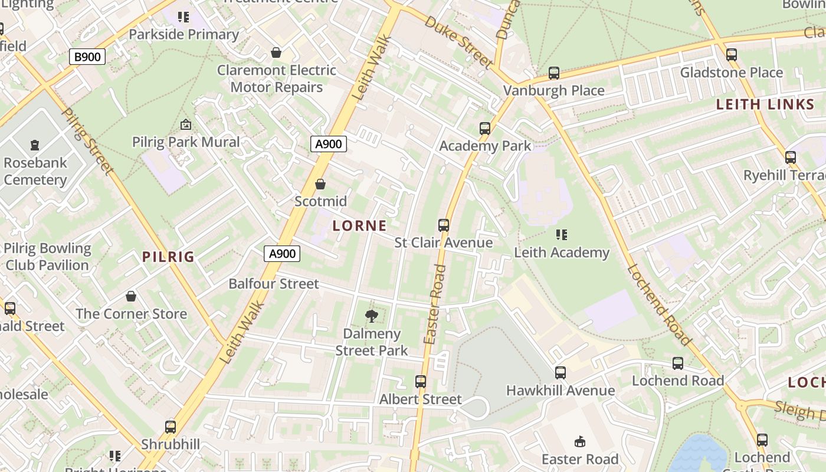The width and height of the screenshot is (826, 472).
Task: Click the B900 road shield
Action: (x=87, y=57)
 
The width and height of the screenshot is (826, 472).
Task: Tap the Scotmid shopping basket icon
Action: (x=320, y=185)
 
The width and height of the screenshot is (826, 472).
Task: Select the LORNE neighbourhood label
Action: (x=359, y=225)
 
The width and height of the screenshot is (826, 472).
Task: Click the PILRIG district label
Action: (x=168, y=257)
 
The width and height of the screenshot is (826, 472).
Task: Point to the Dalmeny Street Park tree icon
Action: (x=372, y=317)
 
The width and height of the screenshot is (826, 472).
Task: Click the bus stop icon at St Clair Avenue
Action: (x=444, y=225)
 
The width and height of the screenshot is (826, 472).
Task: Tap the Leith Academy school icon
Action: (x=562, y=235)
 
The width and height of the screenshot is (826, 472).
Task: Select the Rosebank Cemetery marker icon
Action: (x=35, y=145)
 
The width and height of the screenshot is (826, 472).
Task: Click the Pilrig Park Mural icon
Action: (x=186, y=124)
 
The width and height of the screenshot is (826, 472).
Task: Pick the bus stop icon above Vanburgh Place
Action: (x=554, y=73)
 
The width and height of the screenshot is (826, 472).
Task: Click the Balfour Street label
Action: (x=274, y=284)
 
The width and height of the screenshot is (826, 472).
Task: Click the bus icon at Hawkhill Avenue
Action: (x=560, y=373)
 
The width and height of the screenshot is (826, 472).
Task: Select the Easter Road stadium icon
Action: (x=580, y=441)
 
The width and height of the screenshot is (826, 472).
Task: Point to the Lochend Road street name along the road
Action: (x=658, y=304)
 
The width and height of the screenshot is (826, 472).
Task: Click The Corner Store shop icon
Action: (x=131, y=296)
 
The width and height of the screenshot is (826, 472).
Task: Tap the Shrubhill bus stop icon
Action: (x=171, y=427)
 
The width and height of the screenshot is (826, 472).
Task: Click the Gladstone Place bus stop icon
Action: (x=732, y=55)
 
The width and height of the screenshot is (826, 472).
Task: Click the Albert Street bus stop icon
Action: (x=421, y=382)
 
